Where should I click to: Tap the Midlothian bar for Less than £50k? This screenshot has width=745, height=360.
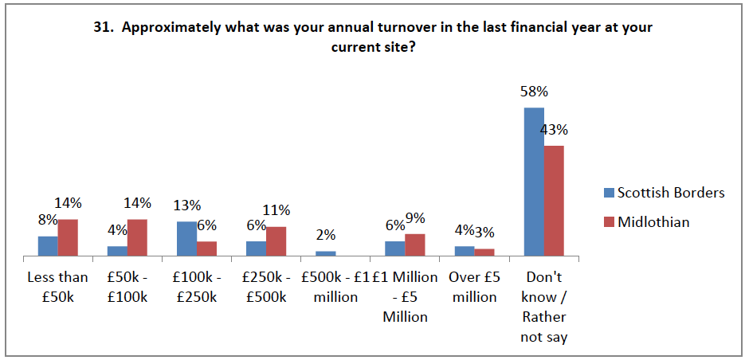[68, 237]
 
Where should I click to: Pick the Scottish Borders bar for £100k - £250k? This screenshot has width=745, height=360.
[186, 239]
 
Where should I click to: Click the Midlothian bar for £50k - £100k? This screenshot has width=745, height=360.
[137, 237]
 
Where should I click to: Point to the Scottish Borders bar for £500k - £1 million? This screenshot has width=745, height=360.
[325, 253]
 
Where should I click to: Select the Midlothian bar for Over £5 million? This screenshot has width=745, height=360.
[484, 252]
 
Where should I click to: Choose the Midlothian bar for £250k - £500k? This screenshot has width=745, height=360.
[276, 241]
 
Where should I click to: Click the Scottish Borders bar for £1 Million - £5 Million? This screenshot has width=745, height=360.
[394, 248]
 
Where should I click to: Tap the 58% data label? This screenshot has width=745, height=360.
[535, 92]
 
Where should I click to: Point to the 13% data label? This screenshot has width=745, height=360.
[186, 206]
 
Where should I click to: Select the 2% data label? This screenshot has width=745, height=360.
[325, 235]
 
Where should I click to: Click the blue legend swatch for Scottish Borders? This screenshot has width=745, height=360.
[610, 193]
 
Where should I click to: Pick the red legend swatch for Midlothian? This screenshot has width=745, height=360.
[610, 222]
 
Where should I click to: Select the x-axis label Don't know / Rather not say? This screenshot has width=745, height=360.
[543, 307]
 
